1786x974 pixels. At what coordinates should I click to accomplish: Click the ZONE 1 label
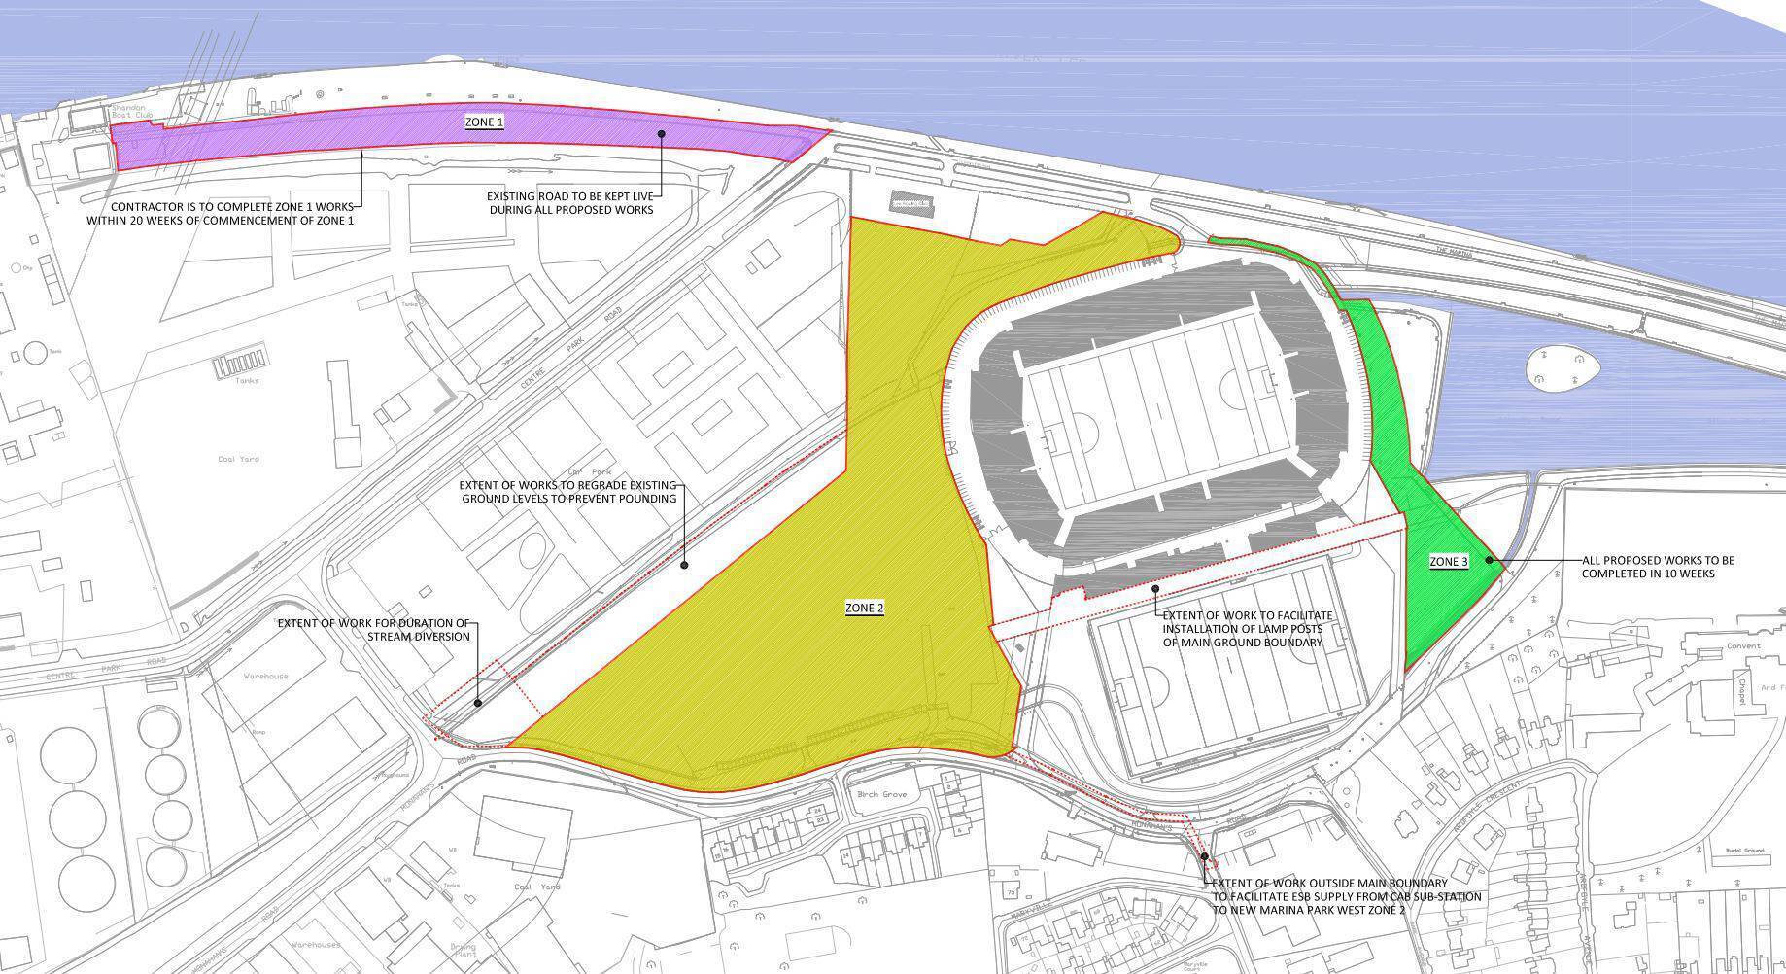(484, 122)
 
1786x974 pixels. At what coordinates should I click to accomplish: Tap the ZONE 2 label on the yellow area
(864, 609)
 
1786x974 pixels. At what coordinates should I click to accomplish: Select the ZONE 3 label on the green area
(1448, 562)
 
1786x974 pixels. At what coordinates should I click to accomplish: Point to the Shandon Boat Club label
(132, 110)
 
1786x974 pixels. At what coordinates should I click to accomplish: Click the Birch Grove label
(881, 794)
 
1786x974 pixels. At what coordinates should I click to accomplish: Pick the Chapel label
(1742, 691)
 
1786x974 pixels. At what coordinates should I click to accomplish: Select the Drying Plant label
(464, 950)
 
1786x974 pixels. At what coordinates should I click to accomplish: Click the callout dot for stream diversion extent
(478, 703)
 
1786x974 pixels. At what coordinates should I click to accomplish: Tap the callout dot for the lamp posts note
(1155, 589)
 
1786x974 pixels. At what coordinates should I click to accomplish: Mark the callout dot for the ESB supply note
(1204, 857)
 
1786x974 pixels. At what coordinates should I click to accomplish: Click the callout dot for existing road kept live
(662, 134)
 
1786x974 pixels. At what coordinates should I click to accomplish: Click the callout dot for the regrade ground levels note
(684, 565)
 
